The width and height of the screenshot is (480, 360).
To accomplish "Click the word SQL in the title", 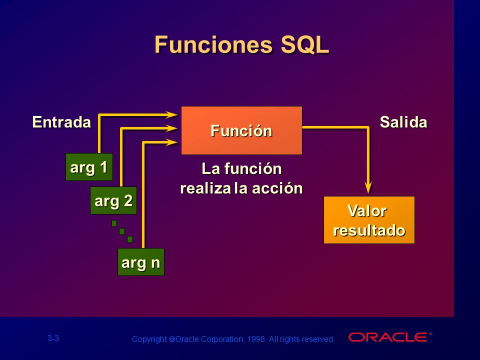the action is [304, 44].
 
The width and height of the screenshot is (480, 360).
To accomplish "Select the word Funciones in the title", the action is [213, 44].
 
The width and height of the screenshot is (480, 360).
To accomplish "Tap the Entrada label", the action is [61, 122].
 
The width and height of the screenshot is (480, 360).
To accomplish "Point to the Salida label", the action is [403, 122].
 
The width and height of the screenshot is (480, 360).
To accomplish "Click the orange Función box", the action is [241, 130].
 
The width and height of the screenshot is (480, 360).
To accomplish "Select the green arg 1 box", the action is [89, 167].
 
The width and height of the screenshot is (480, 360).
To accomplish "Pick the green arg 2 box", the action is [113, 200].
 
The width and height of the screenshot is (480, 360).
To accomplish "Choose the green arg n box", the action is [141, 262].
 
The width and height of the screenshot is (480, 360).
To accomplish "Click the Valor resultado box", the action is [369, 220].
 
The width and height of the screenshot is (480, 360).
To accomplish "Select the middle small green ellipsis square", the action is [122, 231].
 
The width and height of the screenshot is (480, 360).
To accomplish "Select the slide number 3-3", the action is [53, 338].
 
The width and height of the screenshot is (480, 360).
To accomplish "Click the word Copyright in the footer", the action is [149, 339].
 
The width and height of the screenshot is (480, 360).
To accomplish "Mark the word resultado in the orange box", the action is [369, 230].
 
